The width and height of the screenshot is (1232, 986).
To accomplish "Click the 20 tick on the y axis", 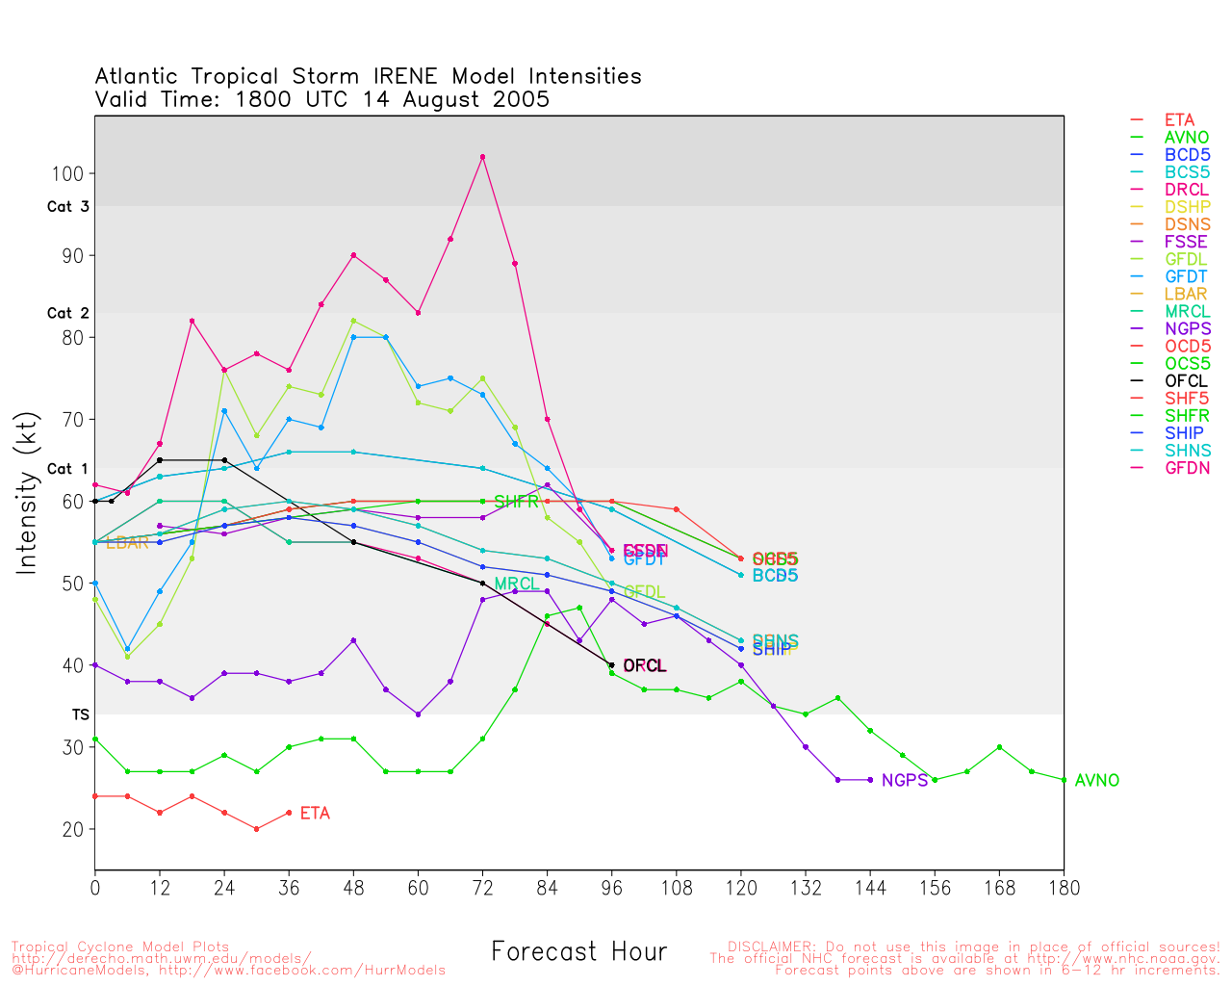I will tap(73, 829).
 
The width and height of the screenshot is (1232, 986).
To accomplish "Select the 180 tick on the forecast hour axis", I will tap(1064, 888).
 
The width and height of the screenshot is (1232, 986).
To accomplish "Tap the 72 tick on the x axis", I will tap(482, 888).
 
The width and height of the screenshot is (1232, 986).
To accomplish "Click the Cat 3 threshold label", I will tap(67, 207).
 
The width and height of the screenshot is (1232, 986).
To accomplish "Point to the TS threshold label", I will tap(80, 714).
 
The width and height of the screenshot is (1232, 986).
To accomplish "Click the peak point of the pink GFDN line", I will tap(482, 157).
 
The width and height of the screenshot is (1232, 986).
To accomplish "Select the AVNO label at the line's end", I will tap(1096, 781).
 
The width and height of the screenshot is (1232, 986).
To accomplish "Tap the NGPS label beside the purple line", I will tap(904, 781).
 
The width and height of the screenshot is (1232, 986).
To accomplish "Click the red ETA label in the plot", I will tap(315, 814).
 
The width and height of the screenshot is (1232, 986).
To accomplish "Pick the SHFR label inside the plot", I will tap(516, 502).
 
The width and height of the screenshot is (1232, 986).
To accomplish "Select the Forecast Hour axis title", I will tap(578, 952).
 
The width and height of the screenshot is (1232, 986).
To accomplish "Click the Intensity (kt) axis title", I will tap(29, 493).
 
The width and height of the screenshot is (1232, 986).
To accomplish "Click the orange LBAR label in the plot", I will tap(127, 543).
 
